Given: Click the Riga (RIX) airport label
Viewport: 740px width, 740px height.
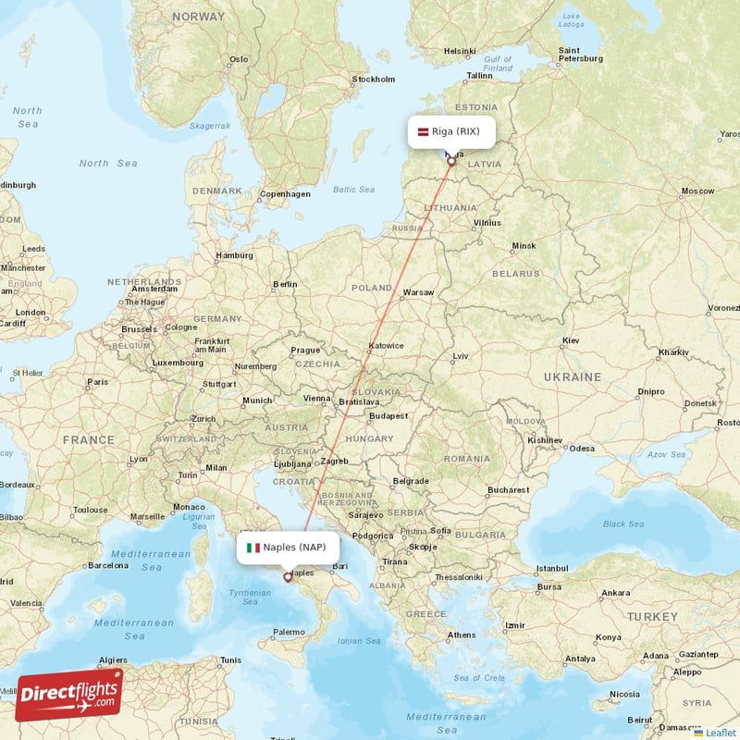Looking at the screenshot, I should pos(455,131).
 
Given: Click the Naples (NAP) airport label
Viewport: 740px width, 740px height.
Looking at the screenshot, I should pos(294,547).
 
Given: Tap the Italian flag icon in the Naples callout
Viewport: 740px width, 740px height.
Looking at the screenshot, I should pos(253,547).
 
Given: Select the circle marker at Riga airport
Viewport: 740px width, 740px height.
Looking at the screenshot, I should pos(451,161).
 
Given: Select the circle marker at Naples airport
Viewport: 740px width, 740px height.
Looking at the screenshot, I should pos(287,577).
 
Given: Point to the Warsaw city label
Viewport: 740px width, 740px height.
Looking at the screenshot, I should pos(418,292).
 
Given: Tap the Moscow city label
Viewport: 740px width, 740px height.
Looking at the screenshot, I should pos(697,191).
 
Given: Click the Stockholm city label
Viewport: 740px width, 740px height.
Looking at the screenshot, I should pos(374,80).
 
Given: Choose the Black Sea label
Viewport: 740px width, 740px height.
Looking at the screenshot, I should pos(623,524).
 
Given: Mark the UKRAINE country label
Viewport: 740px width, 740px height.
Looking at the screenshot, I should pos(573,377).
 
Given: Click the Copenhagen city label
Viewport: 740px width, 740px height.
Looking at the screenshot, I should pos(285,194).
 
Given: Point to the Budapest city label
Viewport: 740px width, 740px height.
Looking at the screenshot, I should pos(387,416).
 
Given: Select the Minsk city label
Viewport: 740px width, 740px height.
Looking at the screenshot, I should pos(524,246).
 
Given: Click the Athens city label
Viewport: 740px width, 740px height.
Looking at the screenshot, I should pos(462,635).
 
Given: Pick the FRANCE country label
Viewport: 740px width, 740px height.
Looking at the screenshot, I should pos(89,440).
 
